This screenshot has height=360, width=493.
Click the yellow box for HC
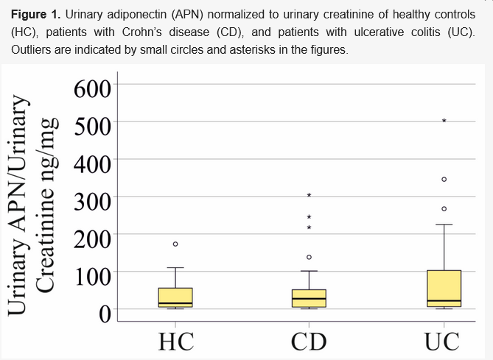(175, 297)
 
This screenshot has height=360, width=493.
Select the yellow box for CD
(309, 298)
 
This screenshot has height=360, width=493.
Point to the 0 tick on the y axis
(103, 314)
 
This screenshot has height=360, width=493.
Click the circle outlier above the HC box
(175, 244)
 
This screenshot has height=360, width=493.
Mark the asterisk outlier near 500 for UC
(444, 121)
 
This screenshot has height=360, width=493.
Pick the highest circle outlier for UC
(444, 179)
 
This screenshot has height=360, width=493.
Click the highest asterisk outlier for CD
(310, 195)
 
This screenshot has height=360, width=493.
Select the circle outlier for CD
(310, 257)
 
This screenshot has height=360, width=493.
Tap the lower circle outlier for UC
(444, 209)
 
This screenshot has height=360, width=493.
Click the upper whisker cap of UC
(444, 225)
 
